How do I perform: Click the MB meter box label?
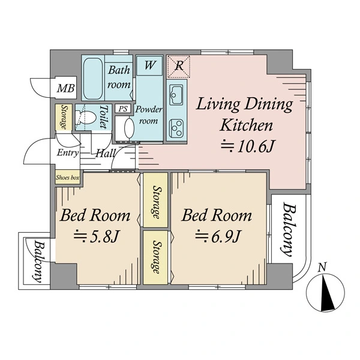[66, 88]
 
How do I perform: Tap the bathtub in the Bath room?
[93, 79]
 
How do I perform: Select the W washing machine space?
[149, 65]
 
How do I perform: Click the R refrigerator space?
[179, 67]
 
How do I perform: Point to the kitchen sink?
[176, 95]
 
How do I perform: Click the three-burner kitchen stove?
[176, 128]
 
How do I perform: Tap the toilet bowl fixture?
[85, 118]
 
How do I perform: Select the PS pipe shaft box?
[123, 109]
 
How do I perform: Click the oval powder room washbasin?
[129, 128]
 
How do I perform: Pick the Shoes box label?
[67, 178]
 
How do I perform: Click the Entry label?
[68, 152]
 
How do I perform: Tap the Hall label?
[105, 153]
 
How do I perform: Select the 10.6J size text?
[247, 146]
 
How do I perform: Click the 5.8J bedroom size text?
[96, 236]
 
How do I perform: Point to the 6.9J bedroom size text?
[217, 236]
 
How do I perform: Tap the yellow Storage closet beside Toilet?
[64, 117]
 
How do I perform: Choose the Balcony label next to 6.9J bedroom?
[287, 229]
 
